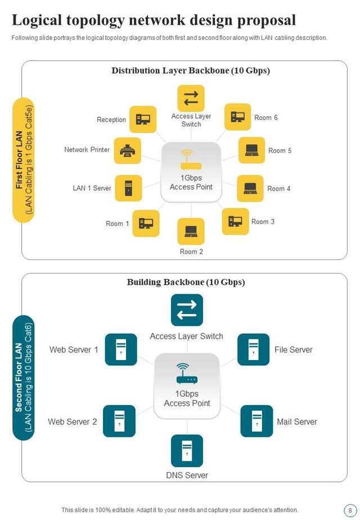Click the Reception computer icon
click(x=143, y=119)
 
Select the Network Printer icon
click(x=128, y=150)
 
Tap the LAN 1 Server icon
click(x=128, y=188)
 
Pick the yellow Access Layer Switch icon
click(x=191, y=98)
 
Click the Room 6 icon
click(x=238, y=117)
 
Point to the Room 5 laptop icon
click(x=251, y=150)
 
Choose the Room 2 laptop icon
click(x=191, y=231)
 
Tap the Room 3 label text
click(x=263, y=222)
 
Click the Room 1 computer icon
click(x=146, y=223)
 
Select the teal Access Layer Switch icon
click(x=187, y=310)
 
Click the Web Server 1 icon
click(x=120, y=349)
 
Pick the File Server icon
click(x=254, y=349)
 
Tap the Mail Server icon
click(x=256, y=421)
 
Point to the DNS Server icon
click(x=187, y=450)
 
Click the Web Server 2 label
click(x=73, y=422)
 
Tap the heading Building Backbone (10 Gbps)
click(x=186, y=282)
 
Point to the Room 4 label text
click(x=278, y=189)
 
